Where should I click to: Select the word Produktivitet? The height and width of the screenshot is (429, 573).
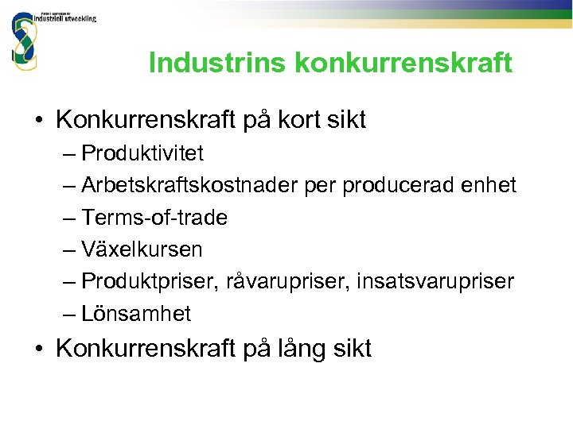coord(142,153)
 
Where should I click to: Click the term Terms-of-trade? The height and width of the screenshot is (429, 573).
coord(154,218)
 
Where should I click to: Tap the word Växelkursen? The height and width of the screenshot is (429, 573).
coord(142,249)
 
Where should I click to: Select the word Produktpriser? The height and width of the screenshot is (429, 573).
coord(150,281)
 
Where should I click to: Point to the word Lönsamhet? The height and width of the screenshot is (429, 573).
coord(136,314)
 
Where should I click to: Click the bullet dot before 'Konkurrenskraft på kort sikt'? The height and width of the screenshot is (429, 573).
coord(39,122)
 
